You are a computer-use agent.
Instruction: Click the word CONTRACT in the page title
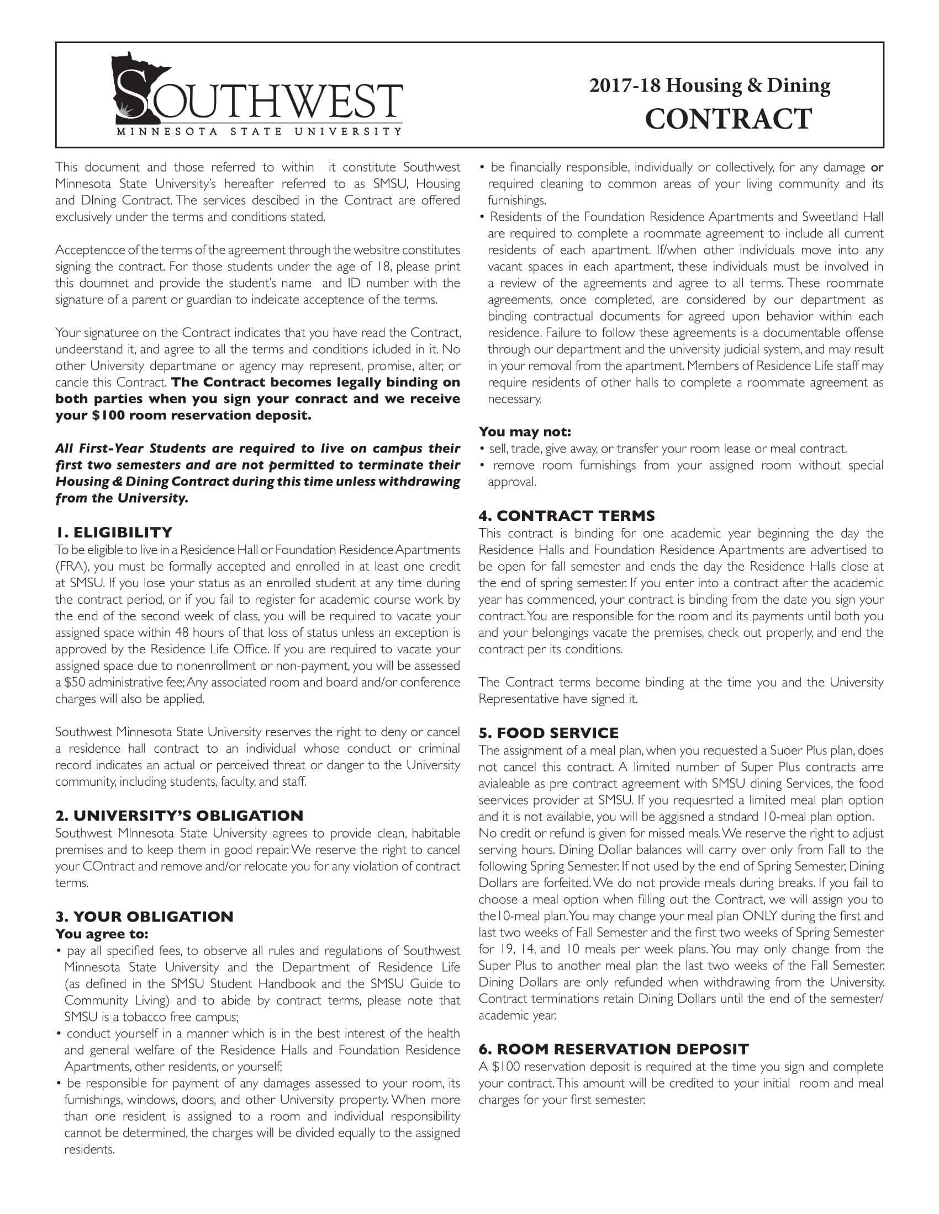tap(728, 119)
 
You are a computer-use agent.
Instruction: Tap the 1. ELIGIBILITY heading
tap(114, 533)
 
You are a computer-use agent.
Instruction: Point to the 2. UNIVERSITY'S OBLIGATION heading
tap(179, 816)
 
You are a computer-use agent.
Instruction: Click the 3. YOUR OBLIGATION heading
tap(144, 917)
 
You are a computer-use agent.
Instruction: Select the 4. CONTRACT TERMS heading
tap(566, 516)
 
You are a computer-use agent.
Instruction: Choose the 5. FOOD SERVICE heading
tap(548, 733)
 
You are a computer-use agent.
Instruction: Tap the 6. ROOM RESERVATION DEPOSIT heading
tap(613, 1050)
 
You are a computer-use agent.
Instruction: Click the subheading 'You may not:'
tap(525, 432)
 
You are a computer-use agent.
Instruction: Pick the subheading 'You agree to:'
tap(102, 934)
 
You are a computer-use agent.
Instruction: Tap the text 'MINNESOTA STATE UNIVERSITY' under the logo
tap(259, 132)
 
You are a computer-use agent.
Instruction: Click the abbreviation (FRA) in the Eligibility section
tap(70, 567)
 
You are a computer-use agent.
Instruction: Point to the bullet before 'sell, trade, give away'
tap(482, 449)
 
